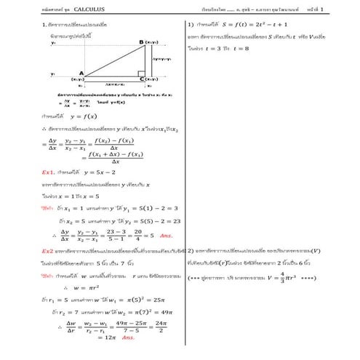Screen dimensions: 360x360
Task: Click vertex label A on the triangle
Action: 81,73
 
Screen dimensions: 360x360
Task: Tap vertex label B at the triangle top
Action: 141,42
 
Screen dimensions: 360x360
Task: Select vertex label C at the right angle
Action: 141,78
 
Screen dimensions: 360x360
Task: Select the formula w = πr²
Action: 87,288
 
